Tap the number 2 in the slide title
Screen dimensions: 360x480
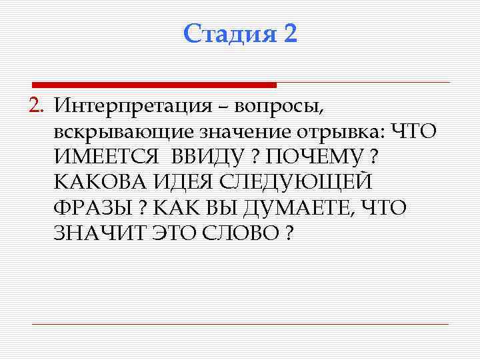pos(289,33)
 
